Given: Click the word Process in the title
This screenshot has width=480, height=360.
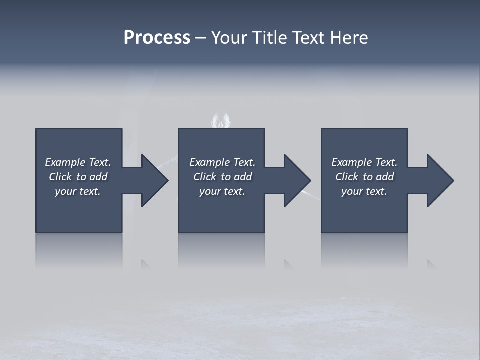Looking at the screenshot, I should [x=157, y=38].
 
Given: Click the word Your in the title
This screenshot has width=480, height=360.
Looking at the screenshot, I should [x=229, y=38].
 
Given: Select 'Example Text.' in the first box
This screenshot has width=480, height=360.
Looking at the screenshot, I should [x=78, y=162].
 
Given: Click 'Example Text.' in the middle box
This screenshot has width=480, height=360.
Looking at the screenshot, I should [x=222, y=162].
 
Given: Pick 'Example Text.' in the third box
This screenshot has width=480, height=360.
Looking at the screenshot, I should [x=364, y=162].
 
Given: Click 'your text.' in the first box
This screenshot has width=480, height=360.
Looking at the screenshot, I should [x=78, y=191].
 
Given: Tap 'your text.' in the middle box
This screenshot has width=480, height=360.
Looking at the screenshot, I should [x=222, y=191].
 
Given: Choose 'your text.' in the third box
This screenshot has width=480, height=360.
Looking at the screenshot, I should [x=364, y=191].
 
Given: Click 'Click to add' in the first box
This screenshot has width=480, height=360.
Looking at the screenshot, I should [x=78, y=177].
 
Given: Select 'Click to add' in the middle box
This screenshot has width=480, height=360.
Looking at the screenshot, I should [x=222, y=177].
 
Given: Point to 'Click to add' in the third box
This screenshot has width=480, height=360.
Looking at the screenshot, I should [x=364, y=177].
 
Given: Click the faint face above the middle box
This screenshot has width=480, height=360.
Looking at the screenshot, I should [x=221, y=121].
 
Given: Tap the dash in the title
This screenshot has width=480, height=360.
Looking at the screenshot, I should [x=200, y=38].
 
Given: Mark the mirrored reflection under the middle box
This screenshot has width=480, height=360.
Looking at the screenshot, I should [x=221, y=250].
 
